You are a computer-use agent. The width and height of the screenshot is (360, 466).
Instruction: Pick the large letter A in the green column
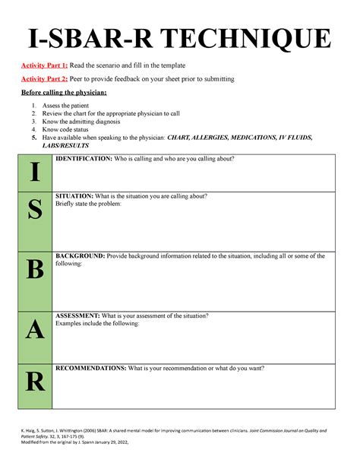35,331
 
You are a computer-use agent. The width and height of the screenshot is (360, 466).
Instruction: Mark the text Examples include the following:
98,323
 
